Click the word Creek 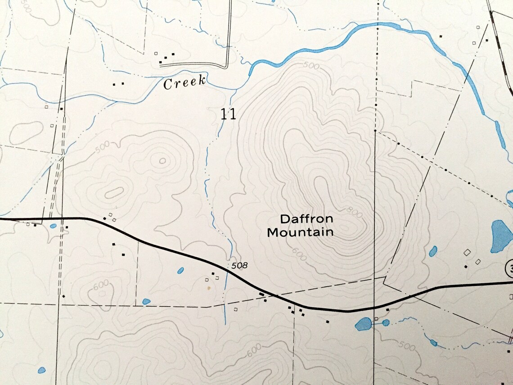[184, 83]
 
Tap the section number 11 [228, 114]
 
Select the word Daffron [306, 219]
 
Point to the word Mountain [300, 232]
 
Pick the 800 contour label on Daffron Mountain [355, 211]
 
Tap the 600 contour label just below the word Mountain [299, 253]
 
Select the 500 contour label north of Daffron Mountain [310, 66]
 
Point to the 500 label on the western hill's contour [103, 147]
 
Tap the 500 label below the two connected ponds [407, 346]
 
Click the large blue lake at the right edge [499, 236]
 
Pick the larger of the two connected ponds [363, 324]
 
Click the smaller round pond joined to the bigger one [386, 322]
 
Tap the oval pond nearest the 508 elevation [180, 271]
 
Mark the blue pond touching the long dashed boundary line [146, 301]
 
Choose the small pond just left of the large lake [433, 251]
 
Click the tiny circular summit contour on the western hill [162, 160]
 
